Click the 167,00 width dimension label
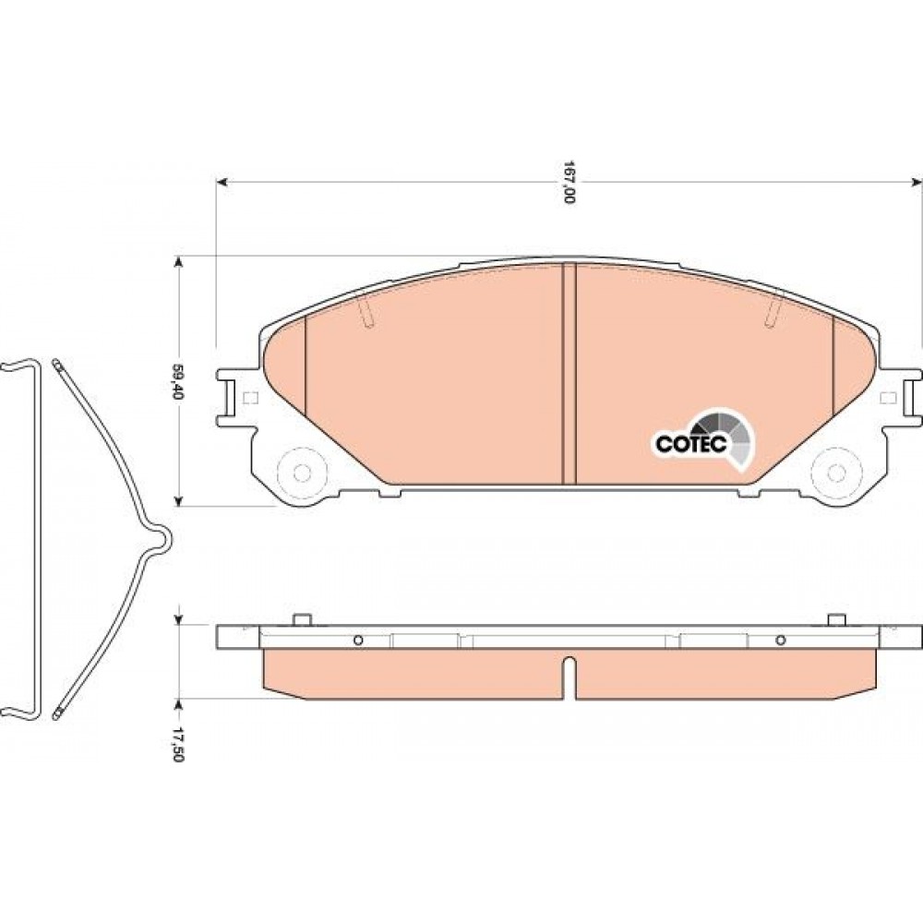(568, 182)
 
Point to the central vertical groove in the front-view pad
(569, 374)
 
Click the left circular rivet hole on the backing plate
(302, 472)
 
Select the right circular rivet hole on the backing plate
(835, 472)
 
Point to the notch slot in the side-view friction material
(569, 677)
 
